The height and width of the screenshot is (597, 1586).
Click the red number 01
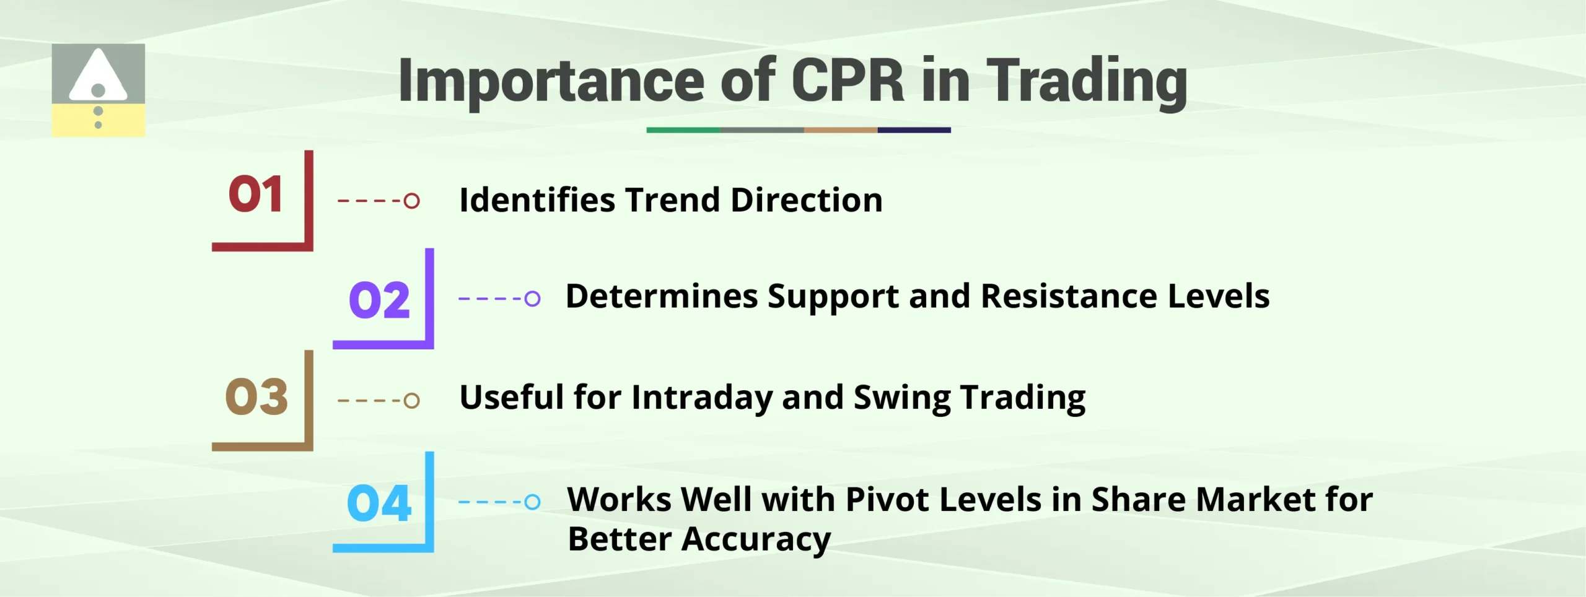(x=255, y=194)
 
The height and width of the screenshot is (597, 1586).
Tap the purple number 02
(x=379, y=300)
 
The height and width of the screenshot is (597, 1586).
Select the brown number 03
(x=256, y=397)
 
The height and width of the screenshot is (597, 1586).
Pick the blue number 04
(x=379, y=503)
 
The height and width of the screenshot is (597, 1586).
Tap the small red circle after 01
(x=412, y=201)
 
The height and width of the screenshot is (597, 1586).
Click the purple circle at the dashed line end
(x=532, y=298)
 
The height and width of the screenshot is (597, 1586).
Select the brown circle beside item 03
(x=412, y=401)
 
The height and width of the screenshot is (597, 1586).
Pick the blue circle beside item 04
(x=532, y=502)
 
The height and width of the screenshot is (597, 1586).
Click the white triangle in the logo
(x=98, y=76)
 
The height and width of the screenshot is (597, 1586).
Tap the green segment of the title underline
(x=683, y=130)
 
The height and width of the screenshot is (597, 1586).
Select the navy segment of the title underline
(x=914, y=130)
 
